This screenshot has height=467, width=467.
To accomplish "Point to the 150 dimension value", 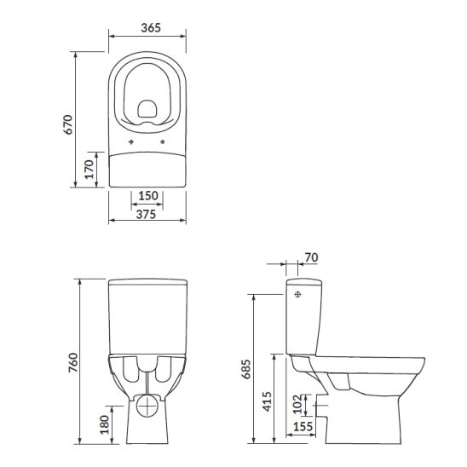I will tap(147, 196).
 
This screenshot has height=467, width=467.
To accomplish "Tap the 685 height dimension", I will tap(245, 369).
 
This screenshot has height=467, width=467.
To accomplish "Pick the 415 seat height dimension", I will tap(266, 399).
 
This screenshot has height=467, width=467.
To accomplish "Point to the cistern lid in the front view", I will tap(147, 282).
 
